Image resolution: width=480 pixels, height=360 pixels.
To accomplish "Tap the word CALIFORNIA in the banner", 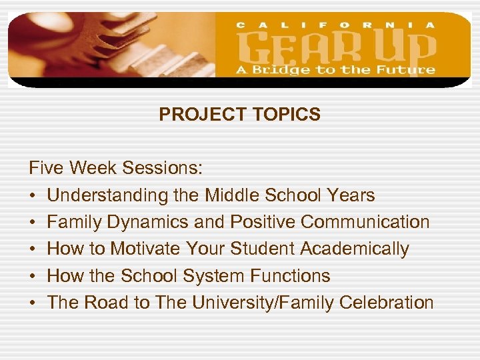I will tap(336, 25).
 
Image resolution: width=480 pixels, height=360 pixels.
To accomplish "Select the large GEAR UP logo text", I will tap(337, 47).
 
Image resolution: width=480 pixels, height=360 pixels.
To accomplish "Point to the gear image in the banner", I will tap(100, 47).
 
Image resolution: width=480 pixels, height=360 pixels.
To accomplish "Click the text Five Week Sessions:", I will tap(115, 169).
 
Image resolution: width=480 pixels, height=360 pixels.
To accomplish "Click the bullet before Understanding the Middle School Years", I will tap(33, 196).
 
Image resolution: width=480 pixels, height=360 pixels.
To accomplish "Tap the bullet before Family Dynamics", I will tap(33, 223).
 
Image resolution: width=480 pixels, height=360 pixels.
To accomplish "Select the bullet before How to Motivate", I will tap(33, 249).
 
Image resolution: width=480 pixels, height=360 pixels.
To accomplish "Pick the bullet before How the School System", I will tap(33, 276).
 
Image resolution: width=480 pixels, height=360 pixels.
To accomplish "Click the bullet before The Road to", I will tap(33, 303).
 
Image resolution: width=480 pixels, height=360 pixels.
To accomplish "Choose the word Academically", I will tap(355, 249).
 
